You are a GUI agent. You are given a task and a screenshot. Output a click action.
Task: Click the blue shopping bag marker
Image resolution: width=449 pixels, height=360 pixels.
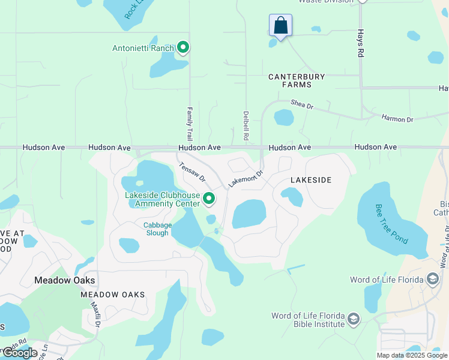tap(280, 26)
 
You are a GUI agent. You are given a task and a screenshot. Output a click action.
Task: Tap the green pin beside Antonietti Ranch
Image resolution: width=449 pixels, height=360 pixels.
tap(183, 47)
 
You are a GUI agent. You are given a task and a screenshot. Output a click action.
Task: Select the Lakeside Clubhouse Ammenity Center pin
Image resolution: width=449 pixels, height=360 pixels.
tap(208, 198)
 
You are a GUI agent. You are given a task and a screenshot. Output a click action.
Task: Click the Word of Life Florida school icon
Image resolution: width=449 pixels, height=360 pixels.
tap(432, 279)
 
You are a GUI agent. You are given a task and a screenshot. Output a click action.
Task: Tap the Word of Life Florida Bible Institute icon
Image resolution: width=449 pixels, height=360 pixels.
tap(353, 319)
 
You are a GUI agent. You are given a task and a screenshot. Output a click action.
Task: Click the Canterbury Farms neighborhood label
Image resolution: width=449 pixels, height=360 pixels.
tap(297, 81)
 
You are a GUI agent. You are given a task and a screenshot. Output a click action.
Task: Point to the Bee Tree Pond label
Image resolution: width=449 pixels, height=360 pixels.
tap(391, 224)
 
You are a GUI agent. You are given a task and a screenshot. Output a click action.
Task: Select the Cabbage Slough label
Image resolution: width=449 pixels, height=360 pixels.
tap(157, 229)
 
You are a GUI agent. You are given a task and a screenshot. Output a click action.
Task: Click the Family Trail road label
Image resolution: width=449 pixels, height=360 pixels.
tap(189, 124)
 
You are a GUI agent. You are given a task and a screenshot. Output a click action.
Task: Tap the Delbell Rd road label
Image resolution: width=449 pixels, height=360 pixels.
tap(246, 125)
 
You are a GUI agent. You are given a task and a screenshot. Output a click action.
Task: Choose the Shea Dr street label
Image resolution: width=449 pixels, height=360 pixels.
tap(302, 105)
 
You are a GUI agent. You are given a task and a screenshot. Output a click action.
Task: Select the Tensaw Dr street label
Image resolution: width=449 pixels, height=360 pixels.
tap(192, 171)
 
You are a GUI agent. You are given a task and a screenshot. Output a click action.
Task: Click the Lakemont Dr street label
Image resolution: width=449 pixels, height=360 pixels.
tap(246, 179)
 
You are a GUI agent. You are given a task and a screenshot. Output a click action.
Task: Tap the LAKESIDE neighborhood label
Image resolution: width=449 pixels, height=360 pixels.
tap(311, 180)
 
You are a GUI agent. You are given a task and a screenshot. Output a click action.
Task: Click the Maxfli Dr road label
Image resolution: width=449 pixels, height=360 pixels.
tap(95, 314)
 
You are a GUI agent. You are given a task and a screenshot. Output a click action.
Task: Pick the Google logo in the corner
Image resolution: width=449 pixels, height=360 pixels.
tap(20, 352)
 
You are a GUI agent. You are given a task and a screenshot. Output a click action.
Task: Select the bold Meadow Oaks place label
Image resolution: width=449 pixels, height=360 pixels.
tap(65, 280)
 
